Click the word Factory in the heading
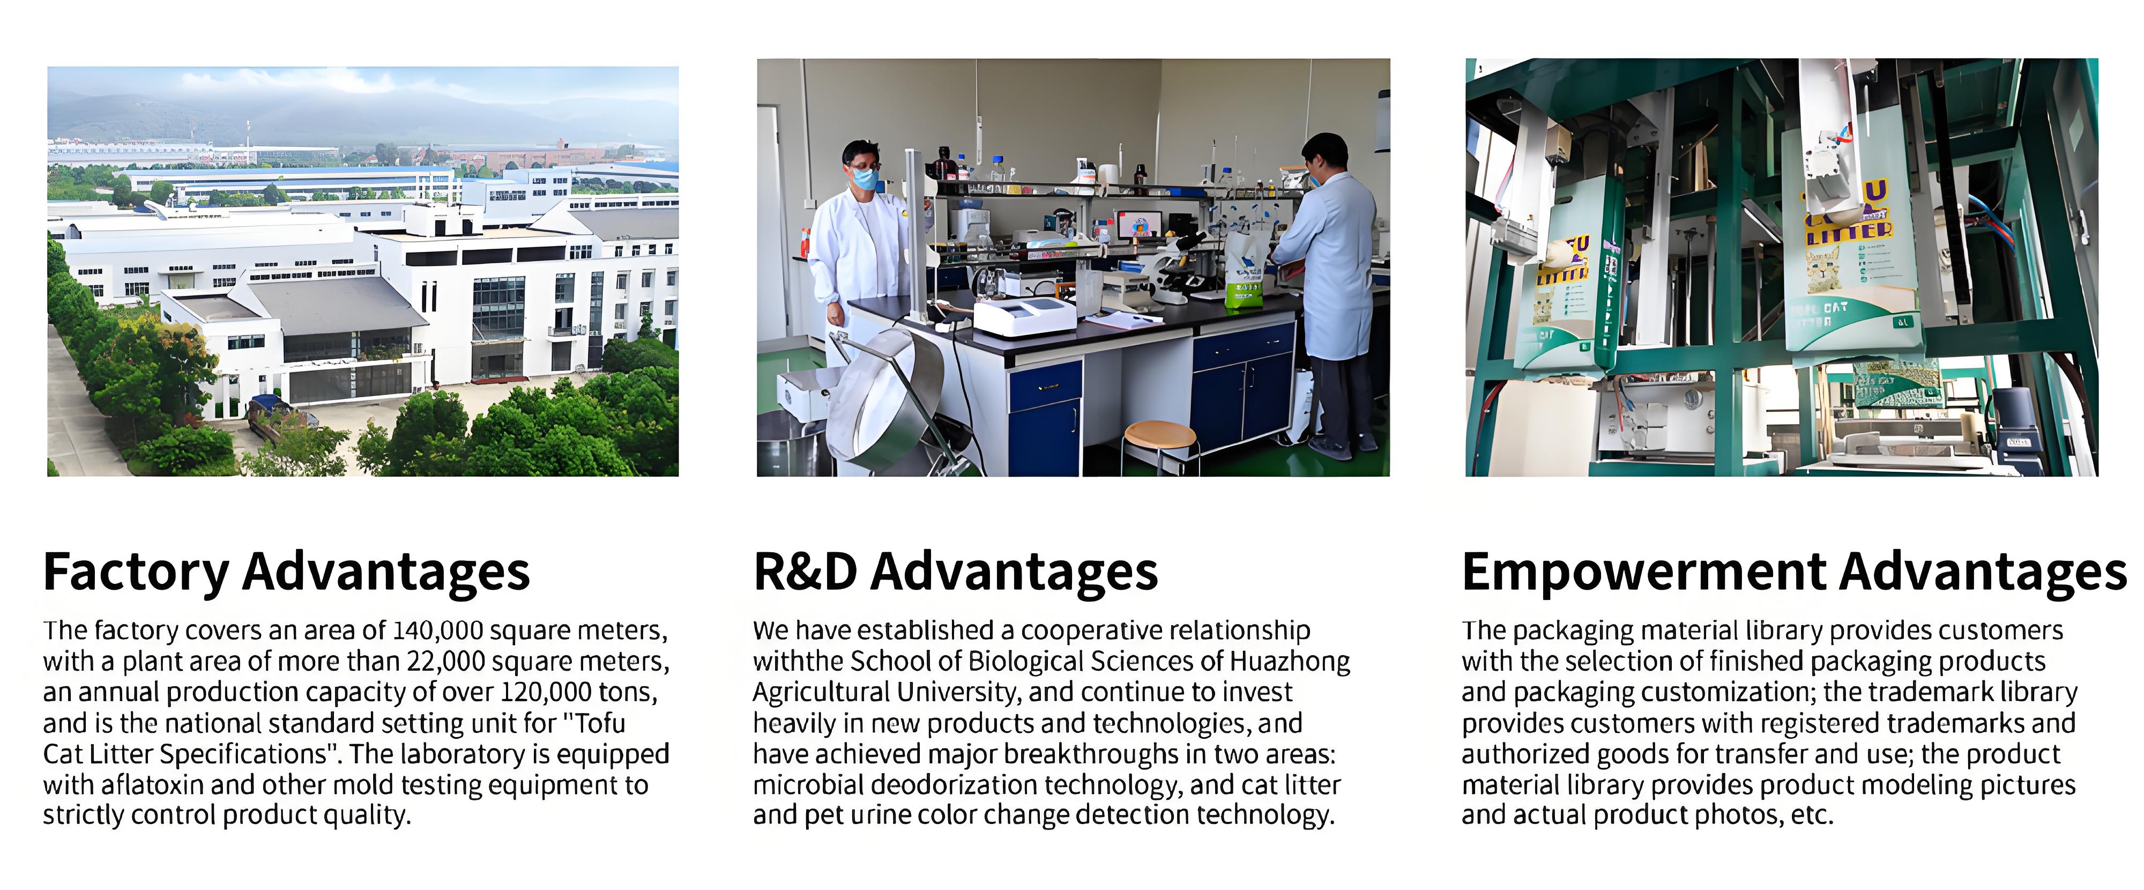click(x=137, y=572)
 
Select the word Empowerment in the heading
click(x=1644, y=572)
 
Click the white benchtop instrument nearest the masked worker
click(x=1024, y=316)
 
